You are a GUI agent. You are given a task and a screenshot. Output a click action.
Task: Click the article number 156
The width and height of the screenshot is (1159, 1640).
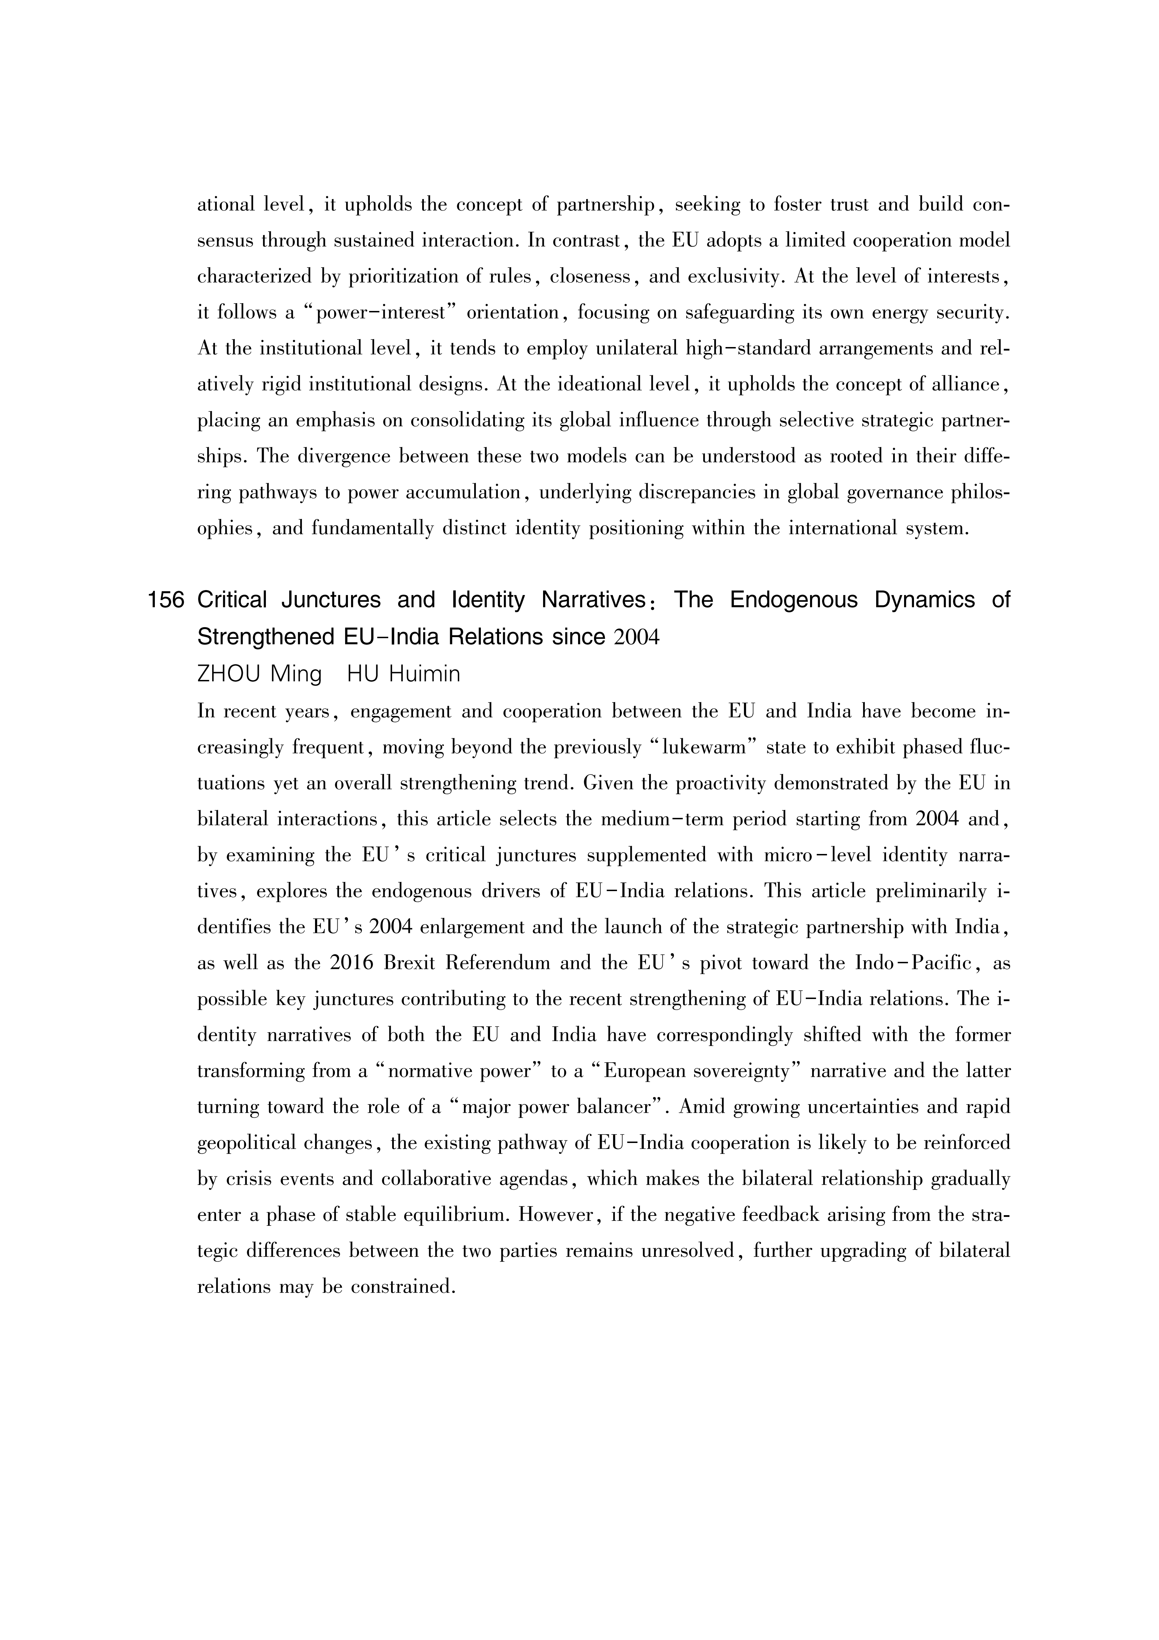pos(166,600)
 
